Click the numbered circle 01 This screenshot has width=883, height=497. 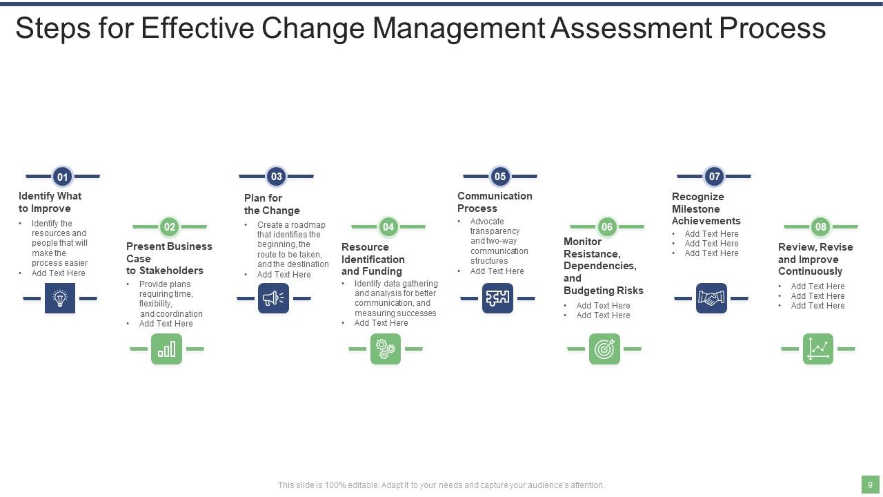click(62, 177)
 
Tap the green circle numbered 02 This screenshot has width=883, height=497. click(170, 226)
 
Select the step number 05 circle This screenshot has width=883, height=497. click(500, 176)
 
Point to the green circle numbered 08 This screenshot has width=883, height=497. click(820, 226)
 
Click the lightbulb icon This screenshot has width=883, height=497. click(60, 298)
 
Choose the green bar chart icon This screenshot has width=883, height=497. click(166, 349)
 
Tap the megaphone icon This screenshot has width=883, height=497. click(273, 298)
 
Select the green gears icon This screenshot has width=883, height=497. click(385, 349)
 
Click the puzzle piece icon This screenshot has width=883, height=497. click(497, 298)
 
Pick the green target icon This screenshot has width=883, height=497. click(604, 349)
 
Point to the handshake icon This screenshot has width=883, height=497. click(711, 298)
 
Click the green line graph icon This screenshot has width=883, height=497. click(818, 349)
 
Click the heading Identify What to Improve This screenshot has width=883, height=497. click(50, 202)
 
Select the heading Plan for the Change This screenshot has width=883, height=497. click(272, 204)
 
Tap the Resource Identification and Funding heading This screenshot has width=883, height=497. click(373, 259)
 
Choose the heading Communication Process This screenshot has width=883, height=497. click(495, 202)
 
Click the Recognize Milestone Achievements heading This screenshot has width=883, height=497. click(706, 208)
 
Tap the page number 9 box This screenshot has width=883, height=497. click(870, 485)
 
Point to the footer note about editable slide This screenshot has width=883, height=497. click(441, 485)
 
